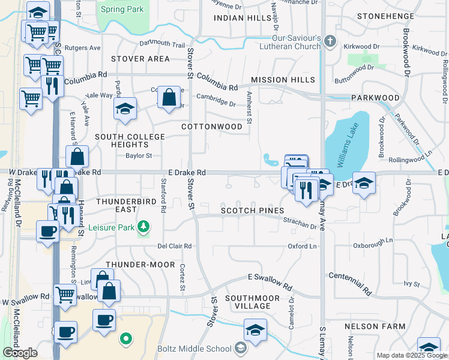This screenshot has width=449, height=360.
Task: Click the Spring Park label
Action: [x=122, y=9]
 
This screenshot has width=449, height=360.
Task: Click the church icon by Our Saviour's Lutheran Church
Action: [x=329, y=41]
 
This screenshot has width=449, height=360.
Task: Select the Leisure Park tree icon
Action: [x=143, y=226]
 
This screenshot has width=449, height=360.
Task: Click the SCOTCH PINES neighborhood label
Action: [x=251, y=211]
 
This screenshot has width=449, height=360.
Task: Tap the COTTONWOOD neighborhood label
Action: [x=212, y=127]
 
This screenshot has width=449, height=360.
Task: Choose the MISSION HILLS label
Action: [x=283, y=80]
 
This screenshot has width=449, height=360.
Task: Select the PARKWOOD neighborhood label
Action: [x=375, y=97]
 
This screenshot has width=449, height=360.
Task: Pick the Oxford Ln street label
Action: [x=302, y=246]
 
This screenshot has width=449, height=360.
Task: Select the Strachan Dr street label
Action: [x=300, y=223]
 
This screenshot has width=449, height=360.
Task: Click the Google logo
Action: [x=20, y=353]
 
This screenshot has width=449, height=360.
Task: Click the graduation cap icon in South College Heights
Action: [x=125, y=109]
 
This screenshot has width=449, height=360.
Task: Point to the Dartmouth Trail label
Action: [x=162, y=44]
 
